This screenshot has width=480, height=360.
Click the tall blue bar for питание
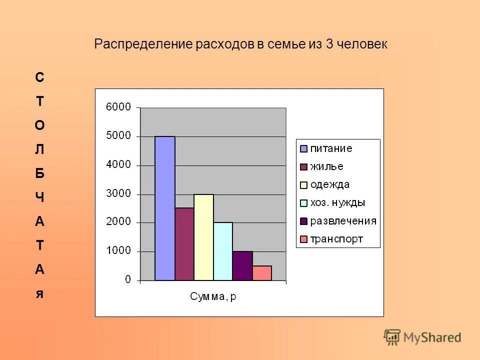coord(165,208)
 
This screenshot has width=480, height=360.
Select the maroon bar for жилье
coord(184,244)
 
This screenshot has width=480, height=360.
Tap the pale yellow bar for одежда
coord(203,237)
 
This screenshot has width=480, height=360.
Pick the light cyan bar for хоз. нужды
coord(223,251)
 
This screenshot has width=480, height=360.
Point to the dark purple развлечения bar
coord(242,265)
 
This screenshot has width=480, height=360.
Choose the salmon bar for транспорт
coord(262,273)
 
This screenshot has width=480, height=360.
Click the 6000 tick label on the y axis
coord(118,107)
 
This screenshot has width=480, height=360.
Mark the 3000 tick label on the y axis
coord(118,193)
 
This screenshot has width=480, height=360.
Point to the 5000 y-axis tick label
coord(118,136)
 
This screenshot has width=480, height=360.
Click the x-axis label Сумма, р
coord(213,297)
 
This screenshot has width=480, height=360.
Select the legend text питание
coord(331,148)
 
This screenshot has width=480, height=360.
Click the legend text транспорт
coord(336,239)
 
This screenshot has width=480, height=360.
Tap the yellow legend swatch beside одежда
coord(303,185)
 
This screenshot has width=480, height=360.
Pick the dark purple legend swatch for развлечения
coord(303,221)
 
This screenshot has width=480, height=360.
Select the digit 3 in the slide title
coord(329,44)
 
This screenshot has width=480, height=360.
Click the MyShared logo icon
coord(392,337)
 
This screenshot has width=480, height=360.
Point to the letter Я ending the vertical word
coord(39,293)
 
